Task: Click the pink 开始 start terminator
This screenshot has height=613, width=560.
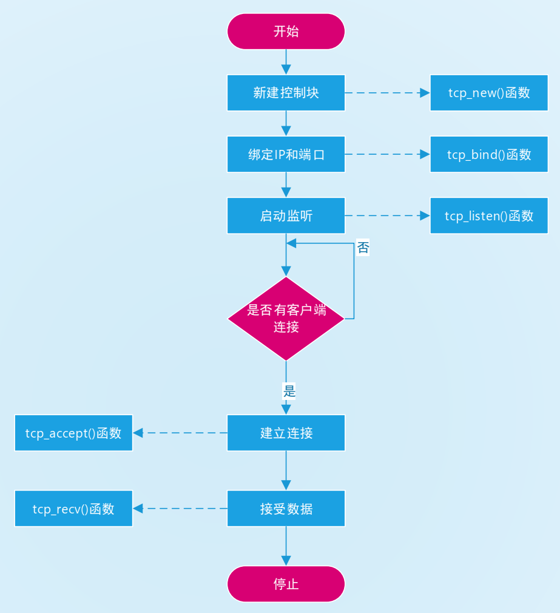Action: pos(286,32)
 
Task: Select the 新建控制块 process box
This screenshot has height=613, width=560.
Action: pos(286,93)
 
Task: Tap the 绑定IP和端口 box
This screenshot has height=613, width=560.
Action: pos(286,154)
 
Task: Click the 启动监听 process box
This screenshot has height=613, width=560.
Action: pos(286,215)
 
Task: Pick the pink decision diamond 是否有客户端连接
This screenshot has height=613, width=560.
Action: pos(286,319)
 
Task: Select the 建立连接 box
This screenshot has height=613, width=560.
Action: pos(286,433)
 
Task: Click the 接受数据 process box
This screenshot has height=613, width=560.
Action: pos(286,509)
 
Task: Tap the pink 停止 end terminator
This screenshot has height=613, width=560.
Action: pos(286,584)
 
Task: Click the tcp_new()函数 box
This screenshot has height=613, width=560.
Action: pos(489,93)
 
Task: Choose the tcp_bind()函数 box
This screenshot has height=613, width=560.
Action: pos(489,154)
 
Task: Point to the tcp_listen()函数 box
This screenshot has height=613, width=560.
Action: pos(489,215)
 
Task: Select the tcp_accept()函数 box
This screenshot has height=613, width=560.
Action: pos(73,433)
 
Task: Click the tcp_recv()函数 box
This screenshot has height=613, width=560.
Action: pos(73,509)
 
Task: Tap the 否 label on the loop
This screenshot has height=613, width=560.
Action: pos(363,248)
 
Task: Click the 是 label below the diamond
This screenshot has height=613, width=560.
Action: pos(289,391)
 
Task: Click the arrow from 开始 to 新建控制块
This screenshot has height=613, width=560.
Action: pos(286,61)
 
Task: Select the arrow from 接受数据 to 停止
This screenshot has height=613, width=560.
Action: pos(286,546)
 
